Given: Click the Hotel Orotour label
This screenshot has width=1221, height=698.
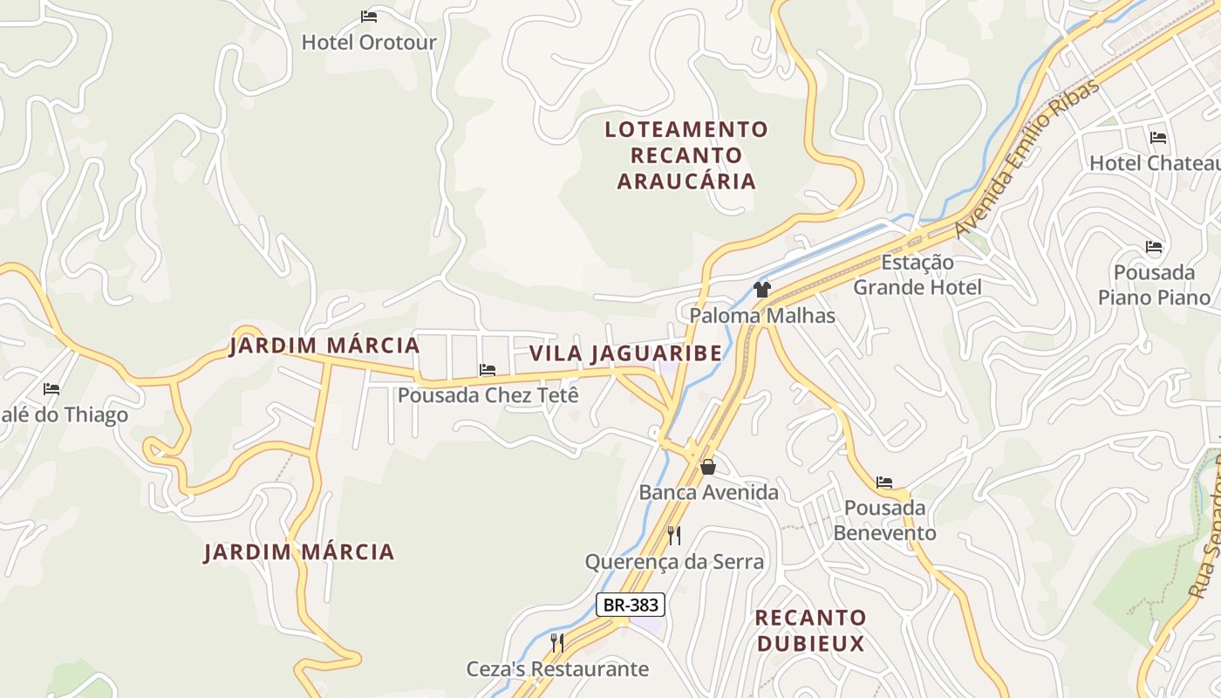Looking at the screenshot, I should pos(369,42).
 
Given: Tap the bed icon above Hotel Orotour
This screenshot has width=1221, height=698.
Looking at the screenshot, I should pos(369,17).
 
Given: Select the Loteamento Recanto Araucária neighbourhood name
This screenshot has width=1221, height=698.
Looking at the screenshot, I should pos(686,155).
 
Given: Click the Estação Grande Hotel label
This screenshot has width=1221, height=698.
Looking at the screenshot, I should pos(917,275).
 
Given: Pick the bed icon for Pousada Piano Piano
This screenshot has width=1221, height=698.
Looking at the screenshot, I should pos(1154,247).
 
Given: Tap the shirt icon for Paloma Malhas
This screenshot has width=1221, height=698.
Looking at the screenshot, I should pos(762,290).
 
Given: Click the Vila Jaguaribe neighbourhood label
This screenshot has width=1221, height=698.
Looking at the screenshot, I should pos(625,353).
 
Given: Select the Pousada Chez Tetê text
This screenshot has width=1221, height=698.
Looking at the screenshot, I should pos(488,395).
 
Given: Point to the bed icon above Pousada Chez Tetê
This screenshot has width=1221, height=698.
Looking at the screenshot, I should pos(488,370).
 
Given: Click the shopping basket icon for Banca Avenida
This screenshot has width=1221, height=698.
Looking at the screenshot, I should pos(708,467).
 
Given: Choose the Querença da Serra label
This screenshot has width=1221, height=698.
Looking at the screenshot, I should pos(674,562).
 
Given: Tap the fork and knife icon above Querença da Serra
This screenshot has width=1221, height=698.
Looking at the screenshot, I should pos(674,535).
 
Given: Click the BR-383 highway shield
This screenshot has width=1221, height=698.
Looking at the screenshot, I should pos(631,605).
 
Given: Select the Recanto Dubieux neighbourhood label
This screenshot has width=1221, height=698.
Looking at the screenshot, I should pos(810,631).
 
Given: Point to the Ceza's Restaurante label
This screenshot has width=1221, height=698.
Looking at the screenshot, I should pos(557,669).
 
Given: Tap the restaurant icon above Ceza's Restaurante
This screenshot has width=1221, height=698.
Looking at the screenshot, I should pos(557,643).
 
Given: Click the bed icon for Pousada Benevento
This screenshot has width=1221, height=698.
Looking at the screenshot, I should pos(884,482).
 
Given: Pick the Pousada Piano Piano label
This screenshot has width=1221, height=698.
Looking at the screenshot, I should pos(1154,285).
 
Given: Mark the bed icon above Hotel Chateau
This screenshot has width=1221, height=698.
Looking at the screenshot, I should pos(1158,138).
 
